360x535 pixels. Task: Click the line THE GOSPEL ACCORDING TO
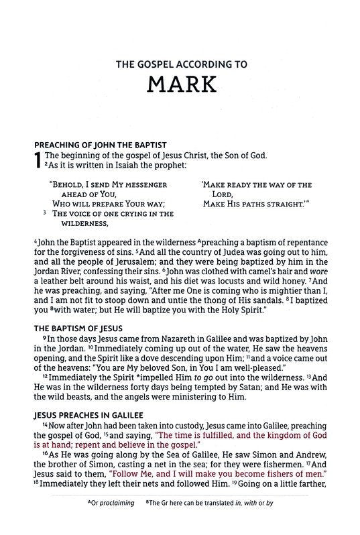coord(180,65)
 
